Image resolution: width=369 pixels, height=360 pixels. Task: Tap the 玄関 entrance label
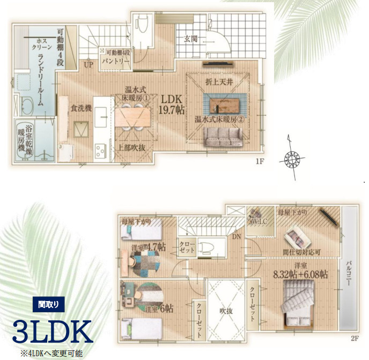pos(191,39)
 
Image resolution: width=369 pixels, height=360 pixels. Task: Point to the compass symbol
pos(293,158)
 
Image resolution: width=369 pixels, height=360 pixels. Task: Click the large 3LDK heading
pos(53,332)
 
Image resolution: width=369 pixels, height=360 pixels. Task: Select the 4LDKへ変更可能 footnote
pos(53,354)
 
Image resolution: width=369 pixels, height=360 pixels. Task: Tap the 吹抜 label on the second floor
pos(226,310)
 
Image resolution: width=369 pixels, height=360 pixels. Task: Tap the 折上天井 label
pos(217,82)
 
